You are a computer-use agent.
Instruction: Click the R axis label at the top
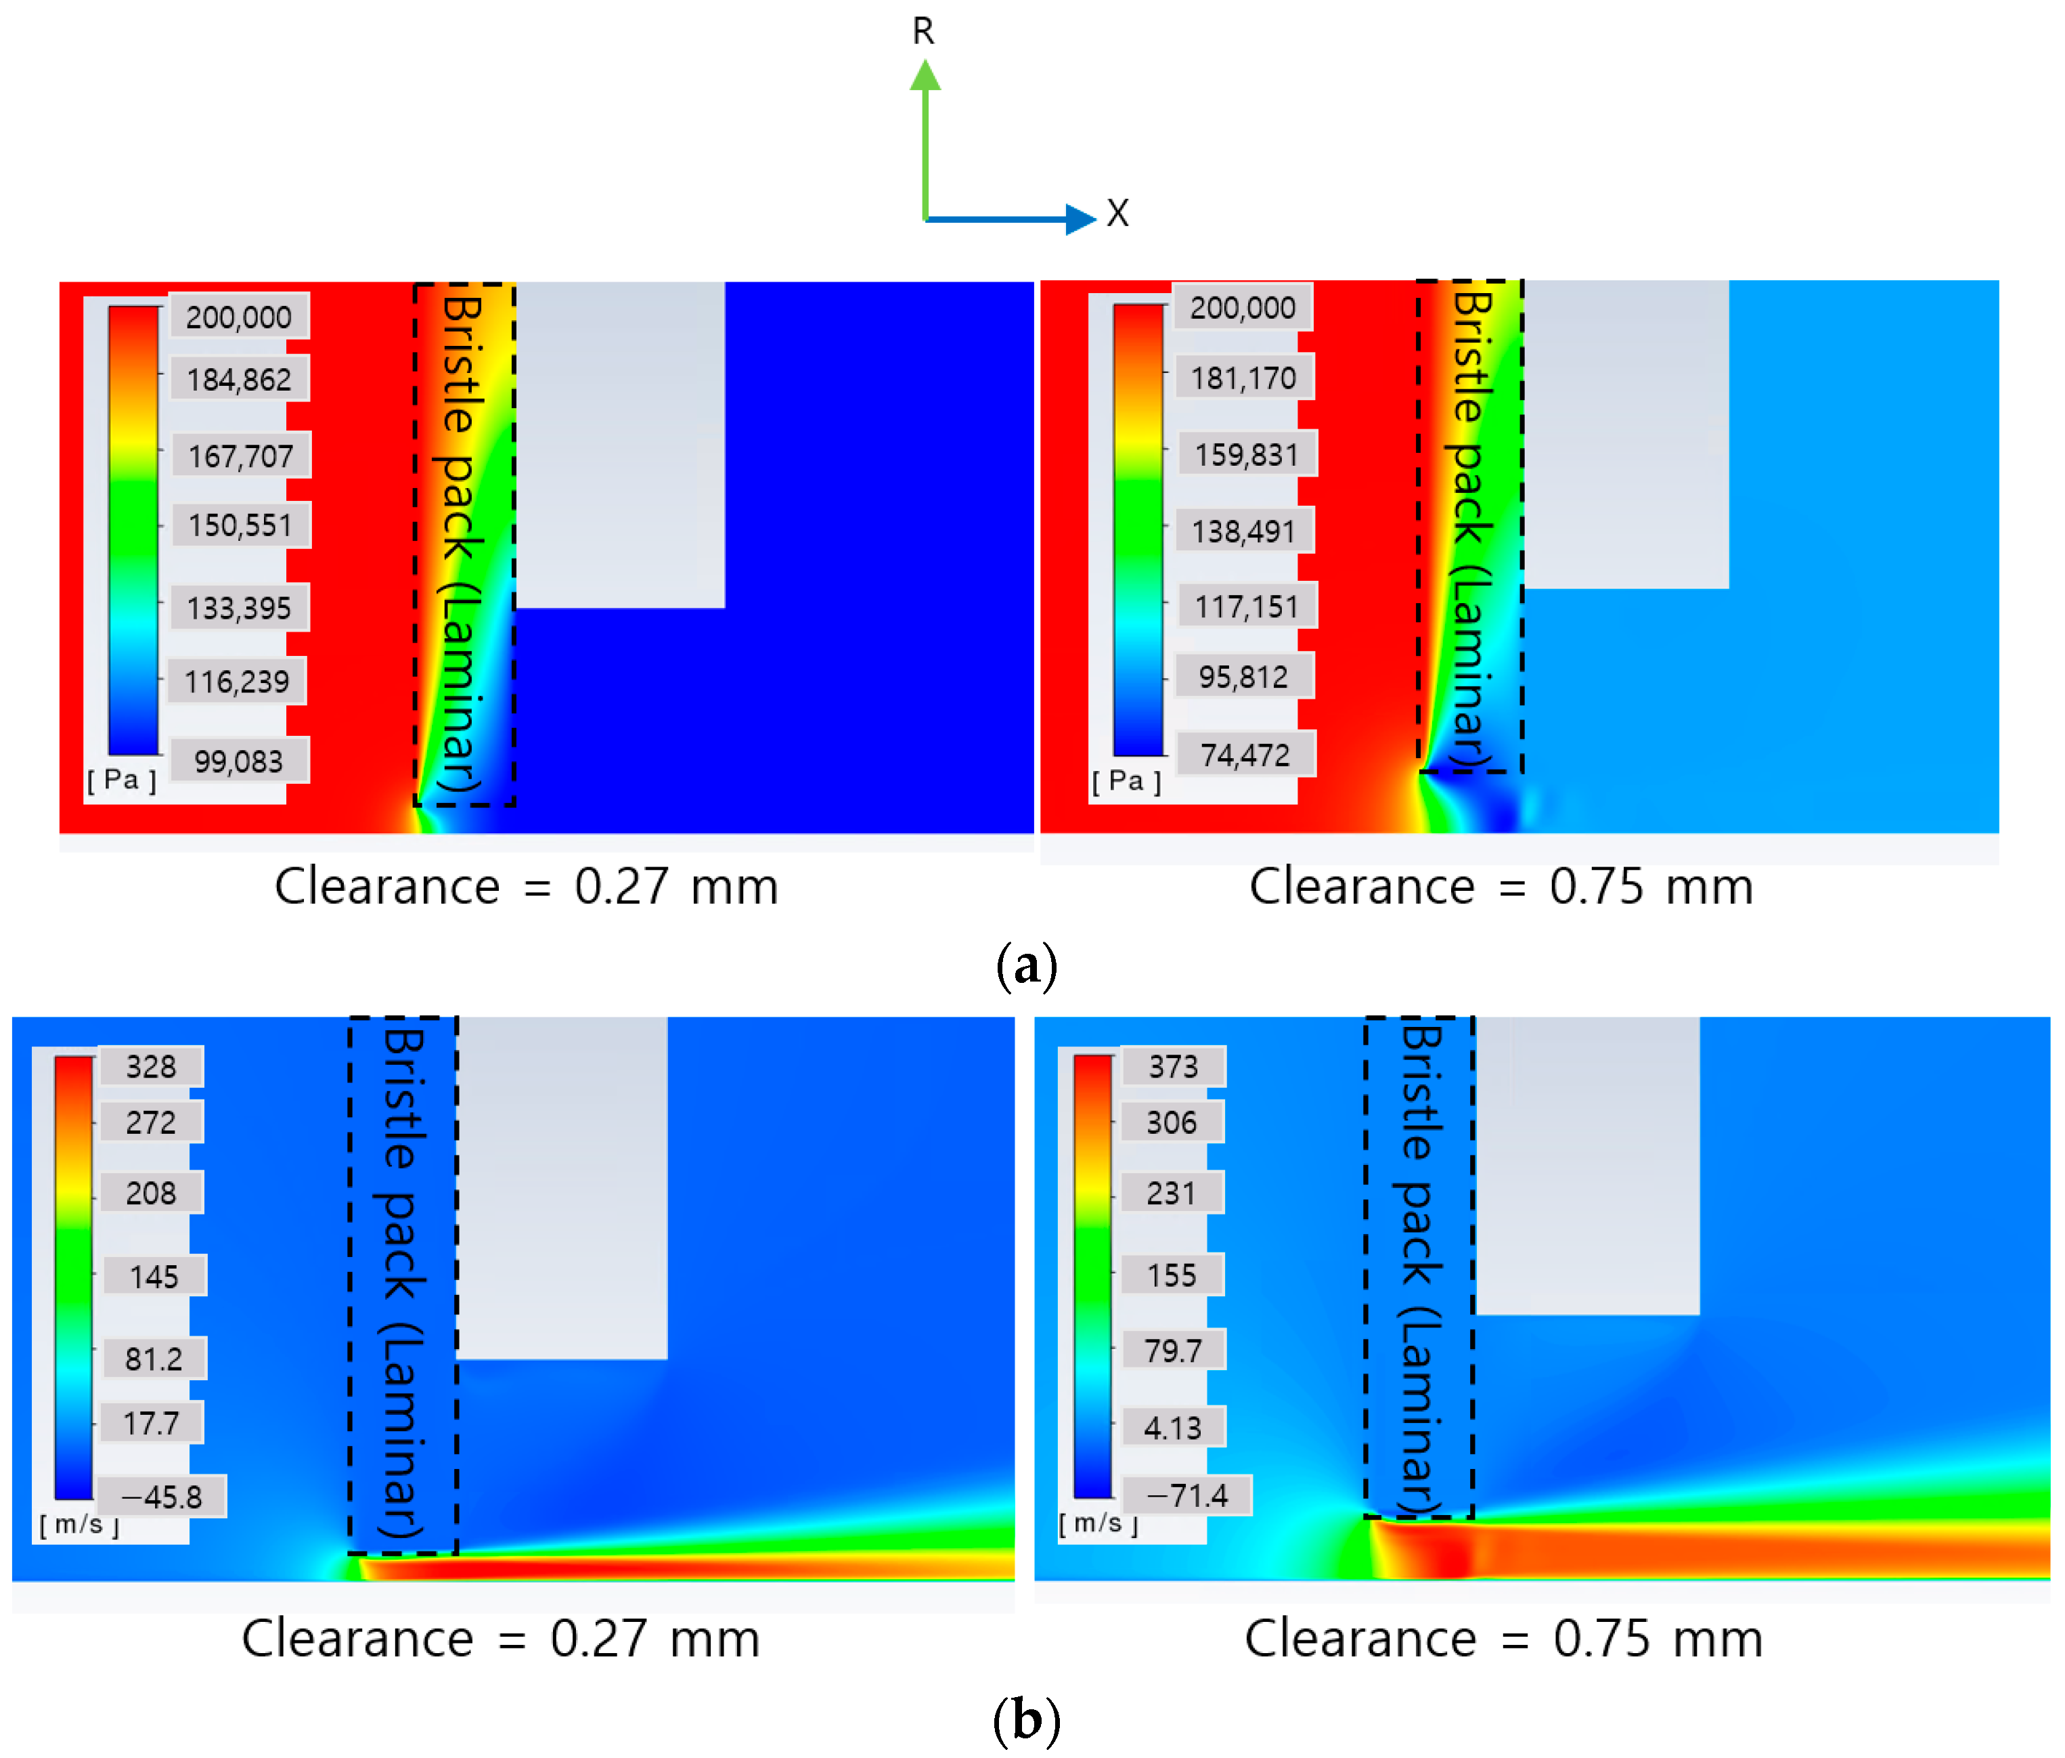pyautogui.click(x=923, y=32)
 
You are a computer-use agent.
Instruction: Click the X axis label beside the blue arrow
pyautogui.click(x=1117, y=213)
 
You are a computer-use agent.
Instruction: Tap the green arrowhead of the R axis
pyautogui.click(x=925, y=76)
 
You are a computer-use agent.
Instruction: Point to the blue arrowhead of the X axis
pyautogui.click(x=1080, y=218)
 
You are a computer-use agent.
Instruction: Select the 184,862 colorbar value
pyautogui.click(x=239, y=380)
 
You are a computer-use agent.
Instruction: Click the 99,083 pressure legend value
pyautogui.click(x=238, y=762)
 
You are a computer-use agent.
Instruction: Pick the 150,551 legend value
pyautogui.click(x=240, y=525)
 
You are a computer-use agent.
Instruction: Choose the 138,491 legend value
pyautogui.click(x=1244, y=531)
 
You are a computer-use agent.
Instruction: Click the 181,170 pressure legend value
pyautogui.click(x=1244, y=378)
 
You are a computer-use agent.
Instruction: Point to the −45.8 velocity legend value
pyautogui.click(x=162, y=1497)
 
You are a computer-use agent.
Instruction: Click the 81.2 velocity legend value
pyautogui.click(x=154, y=1359)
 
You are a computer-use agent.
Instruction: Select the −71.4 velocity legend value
pyautogui.click(x=1186, y=1495)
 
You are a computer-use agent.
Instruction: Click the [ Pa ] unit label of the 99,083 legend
pyautogui.click(x=122, y=779)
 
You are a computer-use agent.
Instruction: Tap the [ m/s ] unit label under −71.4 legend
pyautogui.click(x=1097, y=1524)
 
